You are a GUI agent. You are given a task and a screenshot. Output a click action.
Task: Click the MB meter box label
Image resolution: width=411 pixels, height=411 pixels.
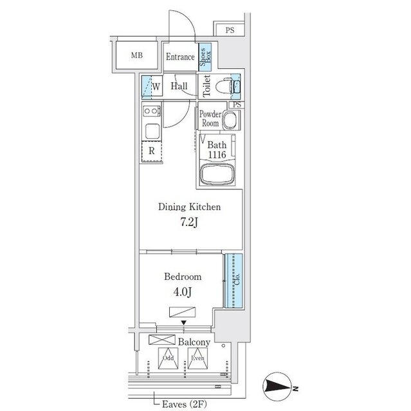click(137, 55)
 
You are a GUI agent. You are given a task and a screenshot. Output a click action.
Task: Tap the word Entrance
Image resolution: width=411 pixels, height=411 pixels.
click(180, 57)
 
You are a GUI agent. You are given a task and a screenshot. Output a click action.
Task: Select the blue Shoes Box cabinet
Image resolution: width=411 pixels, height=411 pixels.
click(205, 57)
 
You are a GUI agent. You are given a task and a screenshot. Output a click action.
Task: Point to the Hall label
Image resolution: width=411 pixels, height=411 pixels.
click(179, 86)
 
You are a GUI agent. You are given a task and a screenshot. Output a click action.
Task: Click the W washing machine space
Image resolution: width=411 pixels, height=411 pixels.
click(152, 86)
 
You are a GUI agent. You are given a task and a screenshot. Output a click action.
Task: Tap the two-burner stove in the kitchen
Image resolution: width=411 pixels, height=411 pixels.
click(151, 111)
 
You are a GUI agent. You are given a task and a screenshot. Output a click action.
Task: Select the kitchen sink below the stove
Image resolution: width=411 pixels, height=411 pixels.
click(152, 131)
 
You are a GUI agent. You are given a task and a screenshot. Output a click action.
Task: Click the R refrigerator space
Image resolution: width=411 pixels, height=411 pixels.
click(152, 152)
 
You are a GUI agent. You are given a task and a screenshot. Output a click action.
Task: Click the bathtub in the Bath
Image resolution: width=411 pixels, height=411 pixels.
click(217, 174)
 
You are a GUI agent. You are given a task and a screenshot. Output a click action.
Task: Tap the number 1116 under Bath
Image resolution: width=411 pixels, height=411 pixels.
click(217, 155)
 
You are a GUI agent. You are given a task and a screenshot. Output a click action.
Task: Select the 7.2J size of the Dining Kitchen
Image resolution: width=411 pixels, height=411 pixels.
click(189, 222)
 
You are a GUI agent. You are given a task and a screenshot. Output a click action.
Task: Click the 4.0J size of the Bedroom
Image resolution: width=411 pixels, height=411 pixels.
click(183, 292)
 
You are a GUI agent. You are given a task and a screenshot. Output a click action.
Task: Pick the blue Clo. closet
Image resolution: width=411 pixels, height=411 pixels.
click(233, 281)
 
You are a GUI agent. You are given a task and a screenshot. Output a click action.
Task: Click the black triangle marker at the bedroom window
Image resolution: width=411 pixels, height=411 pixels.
click(184, 322)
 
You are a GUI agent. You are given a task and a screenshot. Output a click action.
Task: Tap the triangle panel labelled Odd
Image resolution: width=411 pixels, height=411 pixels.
click(169, 358)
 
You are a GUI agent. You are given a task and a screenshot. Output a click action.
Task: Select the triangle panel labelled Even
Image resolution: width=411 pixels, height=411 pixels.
click(197, 358)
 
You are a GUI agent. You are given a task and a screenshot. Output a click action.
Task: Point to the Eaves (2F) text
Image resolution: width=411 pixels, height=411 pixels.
click(185, 404)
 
